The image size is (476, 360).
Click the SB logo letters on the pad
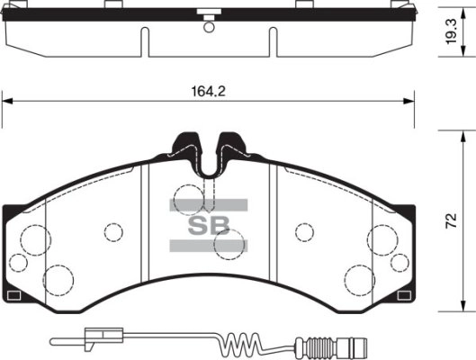[208, 225]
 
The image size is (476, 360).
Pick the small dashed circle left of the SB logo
[112, 231]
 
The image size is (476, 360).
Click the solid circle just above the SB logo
[188, 195]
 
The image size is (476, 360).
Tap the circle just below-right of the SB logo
[231, 240]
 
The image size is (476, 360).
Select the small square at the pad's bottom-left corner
[13, 294]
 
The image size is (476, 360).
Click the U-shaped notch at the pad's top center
[208, 157]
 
